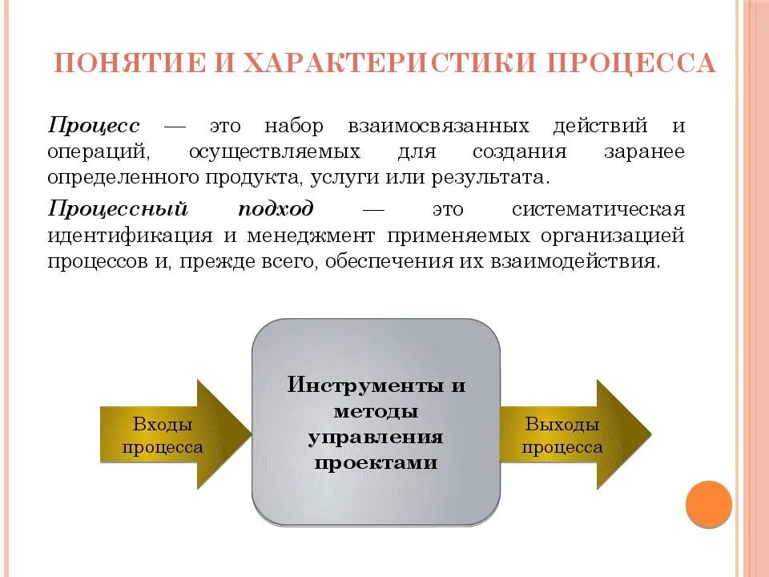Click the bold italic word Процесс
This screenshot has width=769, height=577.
point(94,127)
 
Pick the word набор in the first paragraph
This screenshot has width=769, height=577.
point(294,127)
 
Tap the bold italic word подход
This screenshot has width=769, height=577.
point(276,209)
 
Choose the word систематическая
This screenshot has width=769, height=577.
point(598,209)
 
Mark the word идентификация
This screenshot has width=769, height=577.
point(129,236)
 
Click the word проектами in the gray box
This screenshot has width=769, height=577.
point(376,463)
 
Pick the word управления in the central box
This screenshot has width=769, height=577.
point(376,438)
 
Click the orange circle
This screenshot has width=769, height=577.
point(709,504)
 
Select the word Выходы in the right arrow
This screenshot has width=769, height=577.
point(562,424)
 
